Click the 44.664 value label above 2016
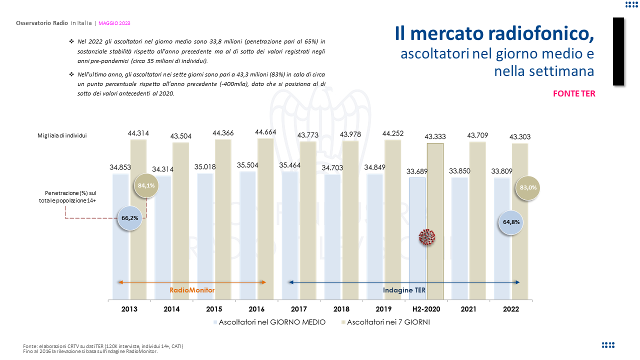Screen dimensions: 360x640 click(265, 132)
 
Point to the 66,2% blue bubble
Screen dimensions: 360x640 click(129, 217)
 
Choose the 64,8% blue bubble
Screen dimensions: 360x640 click(511, 222)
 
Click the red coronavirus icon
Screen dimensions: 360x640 click(427, 237)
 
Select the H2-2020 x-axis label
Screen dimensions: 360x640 click(426, 309)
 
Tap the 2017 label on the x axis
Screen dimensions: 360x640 click(298, 309)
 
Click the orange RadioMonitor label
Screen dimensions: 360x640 click(192, 290)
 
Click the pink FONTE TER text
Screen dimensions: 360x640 click(574, 93)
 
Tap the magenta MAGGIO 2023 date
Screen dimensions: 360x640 click(114, 23)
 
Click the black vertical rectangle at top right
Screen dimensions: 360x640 click(618, 51)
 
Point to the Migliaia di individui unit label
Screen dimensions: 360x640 click(62, 135)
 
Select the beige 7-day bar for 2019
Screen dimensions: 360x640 click(392, 220)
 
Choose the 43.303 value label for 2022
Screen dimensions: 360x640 click(520, 136)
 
